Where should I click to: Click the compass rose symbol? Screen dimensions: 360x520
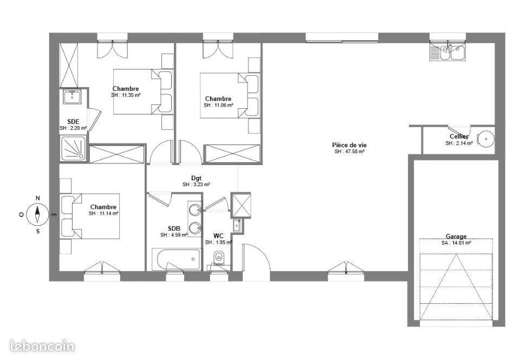37,214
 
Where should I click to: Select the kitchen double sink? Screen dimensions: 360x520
448,53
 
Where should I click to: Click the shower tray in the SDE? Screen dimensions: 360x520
74,148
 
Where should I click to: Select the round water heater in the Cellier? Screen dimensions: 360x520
486,139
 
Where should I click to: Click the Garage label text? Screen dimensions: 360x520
456,237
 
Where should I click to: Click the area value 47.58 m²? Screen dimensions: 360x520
349,152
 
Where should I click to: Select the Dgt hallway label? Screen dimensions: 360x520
196,178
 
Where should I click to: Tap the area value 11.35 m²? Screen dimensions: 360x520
126,95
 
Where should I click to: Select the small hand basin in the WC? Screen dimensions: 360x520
237,225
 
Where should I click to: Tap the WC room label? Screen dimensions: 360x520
218,235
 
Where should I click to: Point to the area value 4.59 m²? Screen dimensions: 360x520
174,235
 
